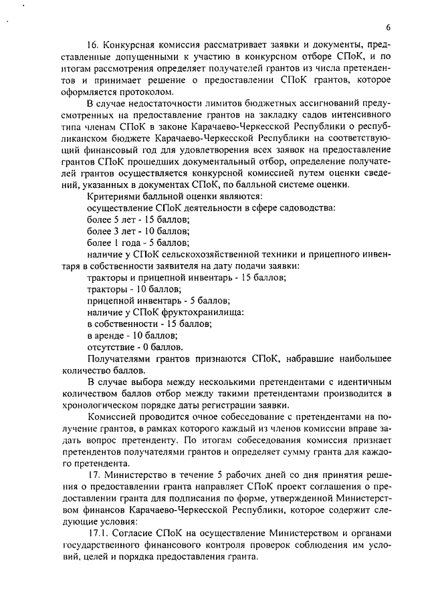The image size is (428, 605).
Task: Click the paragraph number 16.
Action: point(94,45)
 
